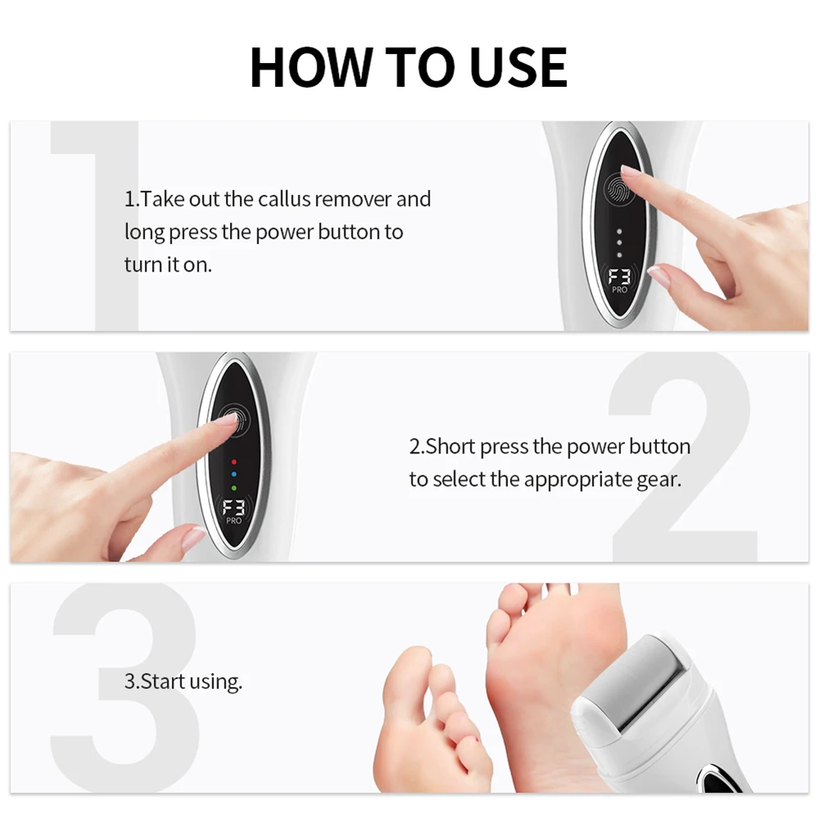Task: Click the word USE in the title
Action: tap(519, 67)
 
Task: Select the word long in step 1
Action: tap(144, 232)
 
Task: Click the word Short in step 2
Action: tap(451, 448)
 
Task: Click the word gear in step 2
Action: tap(658, 480)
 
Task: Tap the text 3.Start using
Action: tap(183, 682)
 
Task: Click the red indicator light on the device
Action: tap(233, 460)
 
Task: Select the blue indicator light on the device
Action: tap(233, 474)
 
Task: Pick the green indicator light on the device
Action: tap(233, 488)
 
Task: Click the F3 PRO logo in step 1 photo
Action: tap(619, 281)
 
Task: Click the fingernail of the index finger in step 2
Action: tap(227, 419)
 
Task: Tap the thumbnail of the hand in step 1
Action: tap(659, 277)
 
